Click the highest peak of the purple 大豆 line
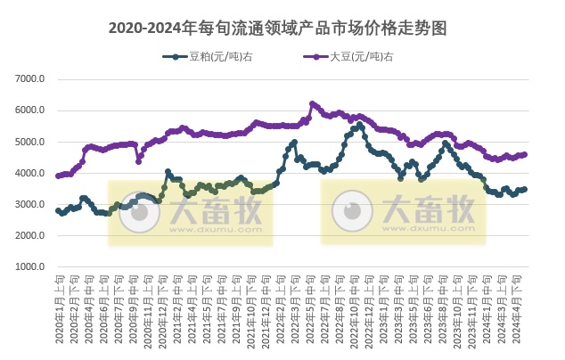click(x=312, y=103)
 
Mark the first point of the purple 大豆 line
click(x=58, y=176)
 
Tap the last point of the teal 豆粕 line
click(x=525, y=189)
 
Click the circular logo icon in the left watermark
click(x=136, y=213)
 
